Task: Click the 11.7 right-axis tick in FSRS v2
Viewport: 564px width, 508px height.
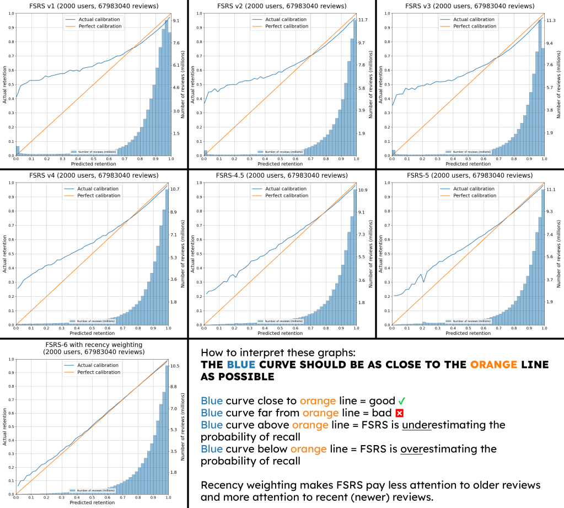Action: [x=363, y=20]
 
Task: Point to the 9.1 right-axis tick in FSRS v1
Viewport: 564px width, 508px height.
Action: [x=176, y=20]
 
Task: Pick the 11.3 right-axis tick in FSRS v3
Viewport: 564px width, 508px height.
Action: [x=550, y=20]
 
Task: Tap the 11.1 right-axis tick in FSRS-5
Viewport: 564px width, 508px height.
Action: [x=550, y=190]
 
